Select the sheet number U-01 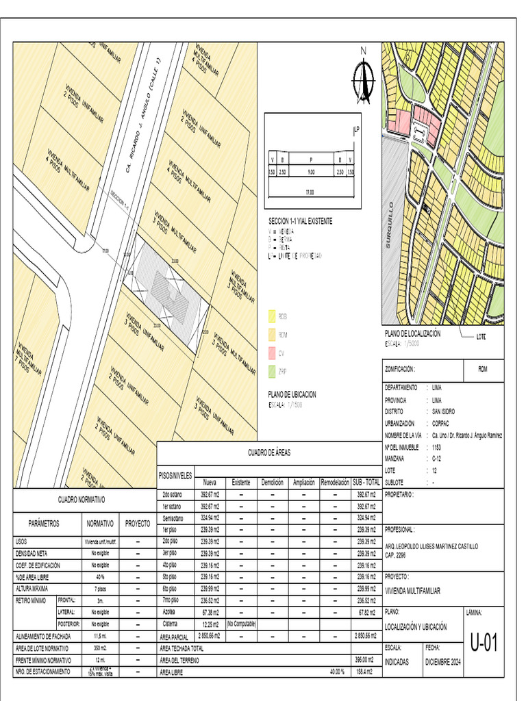483,643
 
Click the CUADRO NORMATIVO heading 81,500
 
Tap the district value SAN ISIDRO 443,411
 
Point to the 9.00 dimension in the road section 311,173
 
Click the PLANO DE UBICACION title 292,394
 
